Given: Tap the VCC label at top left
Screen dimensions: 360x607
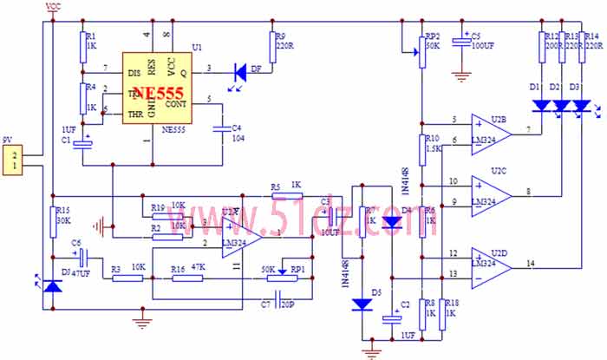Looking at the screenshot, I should (52, 7).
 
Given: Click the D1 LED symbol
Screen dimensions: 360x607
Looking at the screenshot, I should (542, 106).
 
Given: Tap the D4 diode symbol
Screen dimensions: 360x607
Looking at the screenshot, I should (391, 222).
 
